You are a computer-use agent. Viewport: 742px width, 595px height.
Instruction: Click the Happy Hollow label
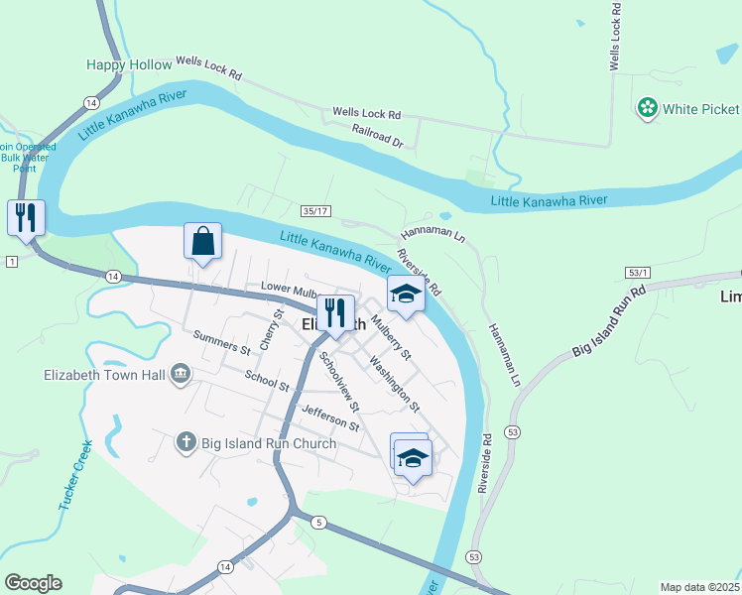129,64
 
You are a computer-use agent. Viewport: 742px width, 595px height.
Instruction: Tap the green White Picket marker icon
648,108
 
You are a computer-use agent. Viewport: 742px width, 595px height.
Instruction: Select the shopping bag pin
202,242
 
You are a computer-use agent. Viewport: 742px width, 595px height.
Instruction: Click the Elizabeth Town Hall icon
180,374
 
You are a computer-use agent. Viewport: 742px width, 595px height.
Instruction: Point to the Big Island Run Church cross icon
185,442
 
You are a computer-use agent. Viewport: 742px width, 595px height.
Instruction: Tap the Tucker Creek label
75,475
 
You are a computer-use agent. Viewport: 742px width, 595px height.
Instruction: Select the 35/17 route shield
315,211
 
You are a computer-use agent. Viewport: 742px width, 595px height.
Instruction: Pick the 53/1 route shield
638,272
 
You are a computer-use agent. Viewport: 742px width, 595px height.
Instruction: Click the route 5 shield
318,522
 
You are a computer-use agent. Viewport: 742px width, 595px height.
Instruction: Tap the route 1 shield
11,261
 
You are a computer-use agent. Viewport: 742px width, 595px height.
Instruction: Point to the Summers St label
221,342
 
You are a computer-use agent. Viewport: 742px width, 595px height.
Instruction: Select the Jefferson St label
330,417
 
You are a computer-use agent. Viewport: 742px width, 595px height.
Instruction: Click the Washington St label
395,384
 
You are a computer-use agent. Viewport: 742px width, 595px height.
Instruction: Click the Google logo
33,583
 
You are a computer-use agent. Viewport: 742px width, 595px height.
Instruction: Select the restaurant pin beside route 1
25,217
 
